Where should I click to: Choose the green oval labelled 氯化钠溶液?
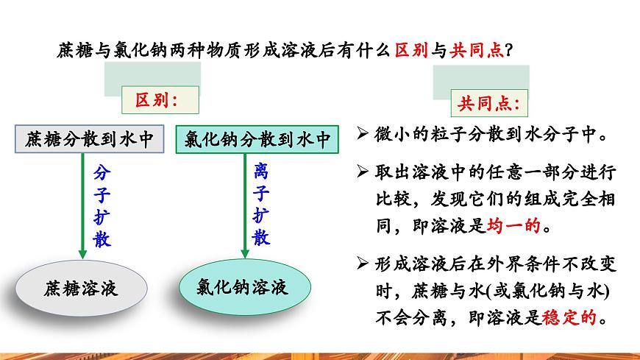click(243, 285)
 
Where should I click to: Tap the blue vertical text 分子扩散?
click(102, 206)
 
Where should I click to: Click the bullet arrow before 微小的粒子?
click(361, 135)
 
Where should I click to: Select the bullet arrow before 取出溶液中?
click(361, 172)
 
